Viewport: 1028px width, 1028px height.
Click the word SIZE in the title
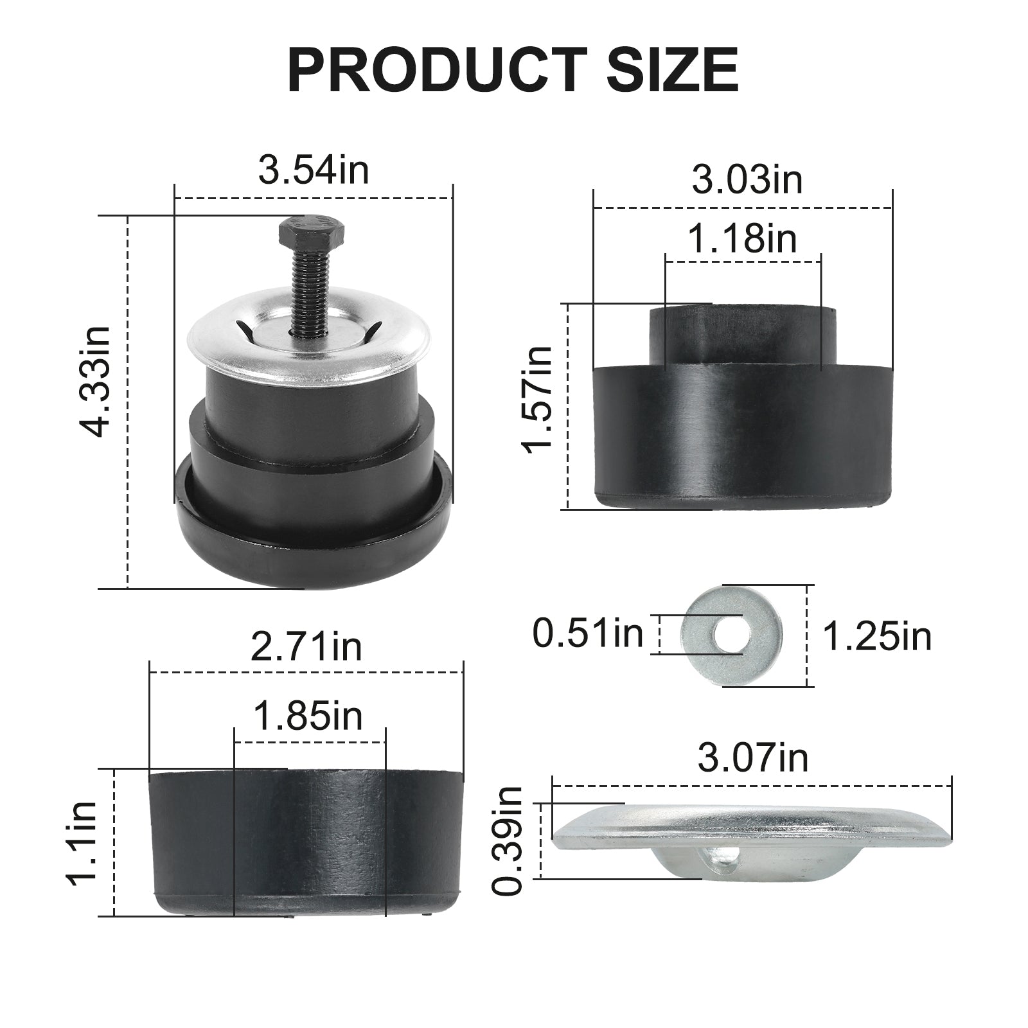(673, 71)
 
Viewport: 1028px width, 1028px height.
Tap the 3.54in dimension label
(314, 170)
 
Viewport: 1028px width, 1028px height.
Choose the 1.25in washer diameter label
(877, 637)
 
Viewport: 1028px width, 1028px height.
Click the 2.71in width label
(306, 648)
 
